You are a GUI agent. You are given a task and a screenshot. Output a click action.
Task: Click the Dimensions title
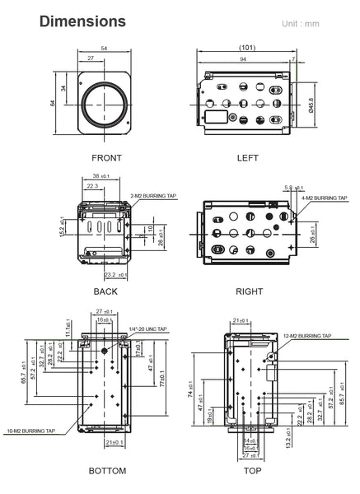tap(82, 21)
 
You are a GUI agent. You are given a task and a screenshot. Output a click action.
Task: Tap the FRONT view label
tap(106, 157)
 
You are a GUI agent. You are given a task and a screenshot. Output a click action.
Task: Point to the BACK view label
tap(105, 291)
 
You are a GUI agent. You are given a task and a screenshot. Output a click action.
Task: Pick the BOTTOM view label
tap(107, 471)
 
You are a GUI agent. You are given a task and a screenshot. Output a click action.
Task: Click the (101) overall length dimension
tap(245, 48)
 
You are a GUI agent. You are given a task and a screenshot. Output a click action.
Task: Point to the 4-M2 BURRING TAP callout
tap(325, 198)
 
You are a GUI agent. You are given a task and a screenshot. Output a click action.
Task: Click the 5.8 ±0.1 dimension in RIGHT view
tap(290, 189)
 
